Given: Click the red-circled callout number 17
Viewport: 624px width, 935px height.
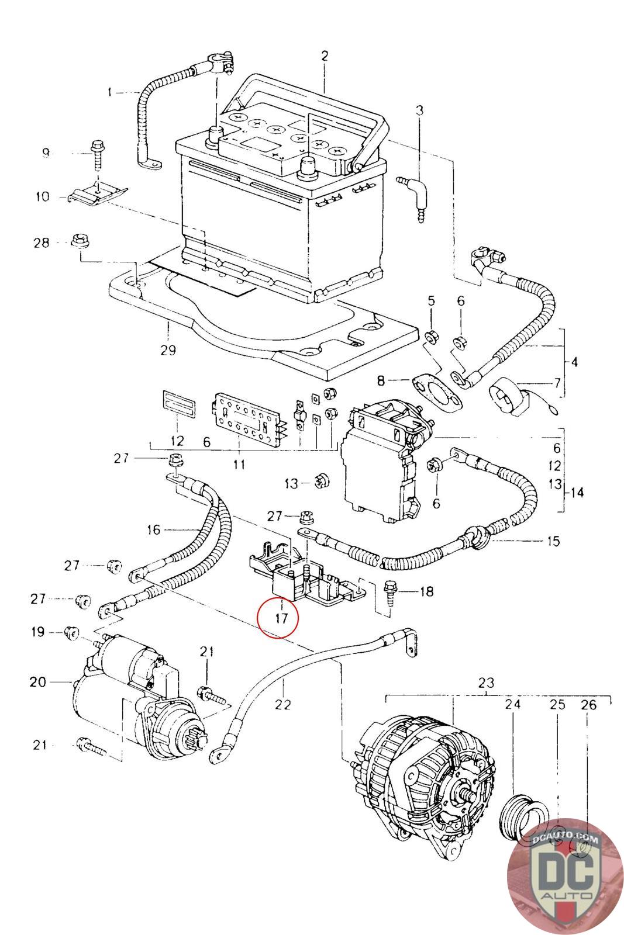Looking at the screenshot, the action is pos(282,618).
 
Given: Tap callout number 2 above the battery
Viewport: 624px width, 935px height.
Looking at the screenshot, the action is pos(325,56).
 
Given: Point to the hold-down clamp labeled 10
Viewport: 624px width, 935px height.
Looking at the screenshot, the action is pos(98,195).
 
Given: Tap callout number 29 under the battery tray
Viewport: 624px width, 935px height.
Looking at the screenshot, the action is pos(168,350).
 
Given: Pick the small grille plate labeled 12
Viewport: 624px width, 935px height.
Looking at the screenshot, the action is pos(178,404).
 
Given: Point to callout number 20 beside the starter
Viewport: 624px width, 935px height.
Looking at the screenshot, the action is pos(37,682).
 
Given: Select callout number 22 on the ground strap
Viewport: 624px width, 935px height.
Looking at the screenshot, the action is pos(283,704).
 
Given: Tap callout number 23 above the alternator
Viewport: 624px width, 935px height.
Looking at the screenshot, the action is pos(486,683).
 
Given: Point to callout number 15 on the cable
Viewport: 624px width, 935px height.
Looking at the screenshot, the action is pos(553,541).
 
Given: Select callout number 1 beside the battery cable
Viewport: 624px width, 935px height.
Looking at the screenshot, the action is pos(110,91).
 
